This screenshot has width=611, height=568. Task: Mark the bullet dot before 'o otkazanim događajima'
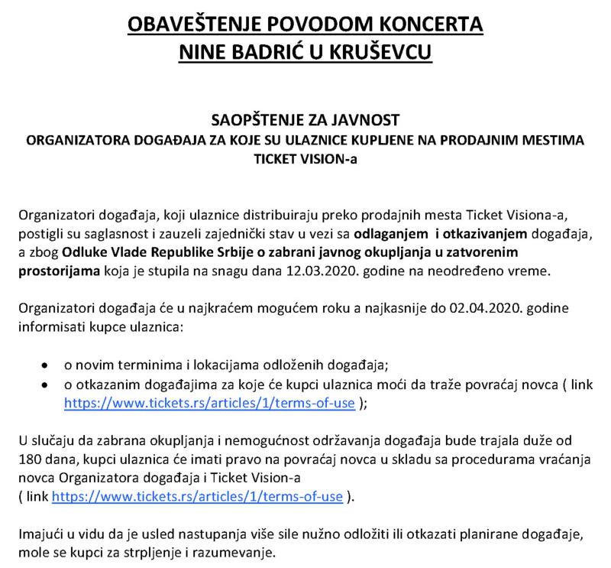pyautogui.click(x=48, y=385)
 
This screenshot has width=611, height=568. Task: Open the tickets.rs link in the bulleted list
pyautogui.click(x=209, y=404)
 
